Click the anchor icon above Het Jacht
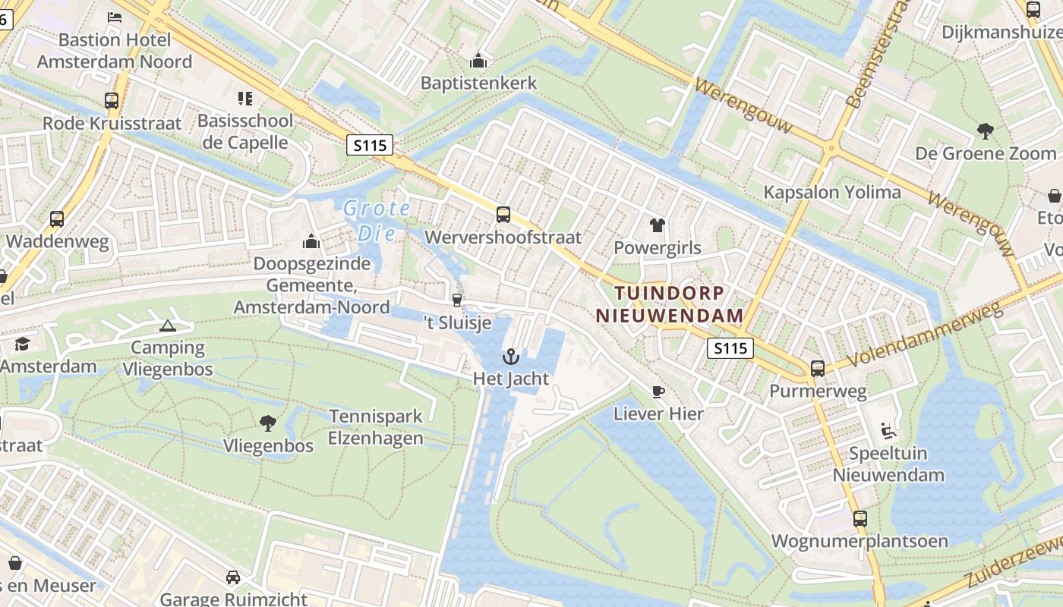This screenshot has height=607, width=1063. pos(511,357)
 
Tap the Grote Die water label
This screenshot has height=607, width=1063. pos(377,220)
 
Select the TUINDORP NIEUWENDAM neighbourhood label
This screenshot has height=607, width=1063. pos(669,303)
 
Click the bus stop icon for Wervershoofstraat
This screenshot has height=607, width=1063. pos(503,215)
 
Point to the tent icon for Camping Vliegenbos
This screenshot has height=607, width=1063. pos(167,326)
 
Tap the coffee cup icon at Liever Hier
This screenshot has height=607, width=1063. pos(658,392)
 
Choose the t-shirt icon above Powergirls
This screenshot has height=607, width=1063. pos(658,225)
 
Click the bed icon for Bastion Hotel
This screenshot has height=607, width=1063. pos(115,17)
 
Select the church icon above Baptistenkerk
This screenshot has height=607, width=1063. pos(478,60)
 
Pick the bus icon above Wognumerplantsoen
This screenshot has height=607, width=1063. pos(860,519)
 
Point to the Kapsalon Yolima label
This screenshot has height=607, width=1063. pos(832,192)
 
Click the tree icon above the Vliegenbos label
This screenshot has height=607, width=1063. pos(267,423)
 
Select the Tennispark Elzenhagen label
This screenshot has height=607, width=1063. pos(375,427)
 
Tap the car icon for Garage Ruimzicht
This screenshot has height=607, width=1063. pos(233,577)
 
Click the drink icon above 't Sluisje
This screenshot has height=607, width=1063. pos(456,300)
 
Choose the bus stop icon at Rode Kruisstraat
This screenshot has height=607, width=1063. pos(112,101)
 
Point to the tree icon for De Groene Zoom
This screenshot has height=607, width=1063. pos(986,131)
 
